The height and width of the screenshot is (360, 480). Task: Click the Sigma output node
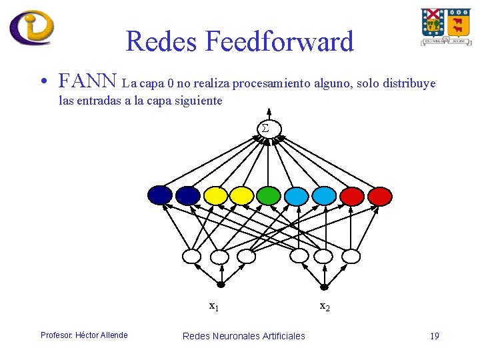pyautogui.click(x=265, y=128)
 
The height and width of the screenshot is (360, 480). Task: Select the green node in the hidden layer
pyautogui.click(x=269, y=195)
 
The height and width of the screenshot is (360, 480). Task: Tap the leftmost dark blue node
pyautogui.click(x=160, y=195)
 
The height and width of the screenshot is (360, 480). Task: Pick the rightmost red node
pyautogui.click(x=380, y=195)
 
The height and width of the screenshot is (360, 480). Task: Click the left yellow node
pyautogui.click(x=216, y=195)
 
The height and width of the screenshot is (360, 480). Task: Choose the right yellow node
pyautogui.click(x=241, y=195)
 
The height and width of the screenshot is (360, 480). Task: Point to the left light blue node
pyautogui.click(x=297, y=195)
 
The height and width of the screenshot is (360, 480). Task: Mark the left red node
pyautogui.click(x=353, y=195)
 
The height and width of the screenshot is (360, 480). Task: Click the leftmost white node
pyautogui.click(x=191, y=256)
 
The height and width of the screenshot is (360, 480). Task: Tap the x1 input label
pyautogui.click(x=214, y=307)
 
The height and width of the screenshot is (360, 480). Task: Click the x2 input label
pyautogui.click(x=325, y=307)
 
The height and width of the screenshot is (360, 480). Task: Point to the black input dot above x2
pyautogui.click(x=325, y=288)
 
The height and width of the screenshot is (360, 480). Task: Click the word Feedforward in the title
pyautogui.click(x=279, y=42)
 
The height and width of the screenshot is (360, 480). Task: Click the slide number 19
pyautogui.click(x=435, y=335)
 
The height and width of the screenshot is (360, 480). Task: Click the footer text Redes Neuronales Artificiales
pyautogui.click(x=243, y=335)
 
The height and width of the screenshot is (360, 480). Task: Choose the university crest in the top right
pyautogui.click(x=445, y=27)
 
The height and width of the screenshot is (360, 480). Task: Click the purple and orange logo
pyautogui.click(x=31, y=27)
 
